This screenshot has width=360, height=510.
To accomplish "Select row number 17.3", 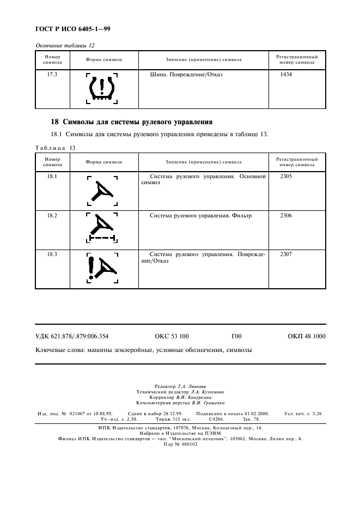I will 52,74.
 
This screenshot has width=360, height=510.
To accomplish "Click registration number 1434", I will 285,74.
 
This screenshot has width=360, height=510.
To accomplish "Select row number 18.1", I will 52,177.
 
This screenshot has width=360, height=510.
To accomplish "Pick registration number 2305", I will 285,177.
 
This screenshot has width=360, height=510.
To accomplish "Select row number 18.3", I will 52,254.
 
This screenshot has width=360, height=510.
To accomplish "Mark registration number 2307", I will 285,254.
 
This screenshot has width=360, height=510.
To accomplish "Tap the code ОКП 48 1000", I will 306,336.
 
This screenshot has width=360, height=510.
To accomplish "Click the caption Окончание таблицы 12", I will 61,46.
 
